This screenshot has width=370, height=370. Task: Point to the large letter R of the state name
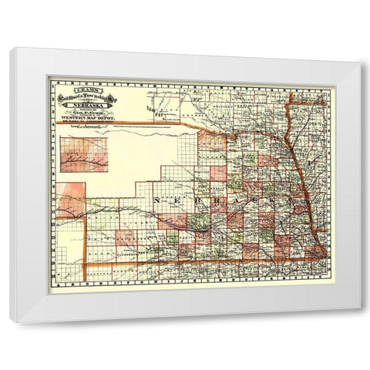point(231,200)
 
